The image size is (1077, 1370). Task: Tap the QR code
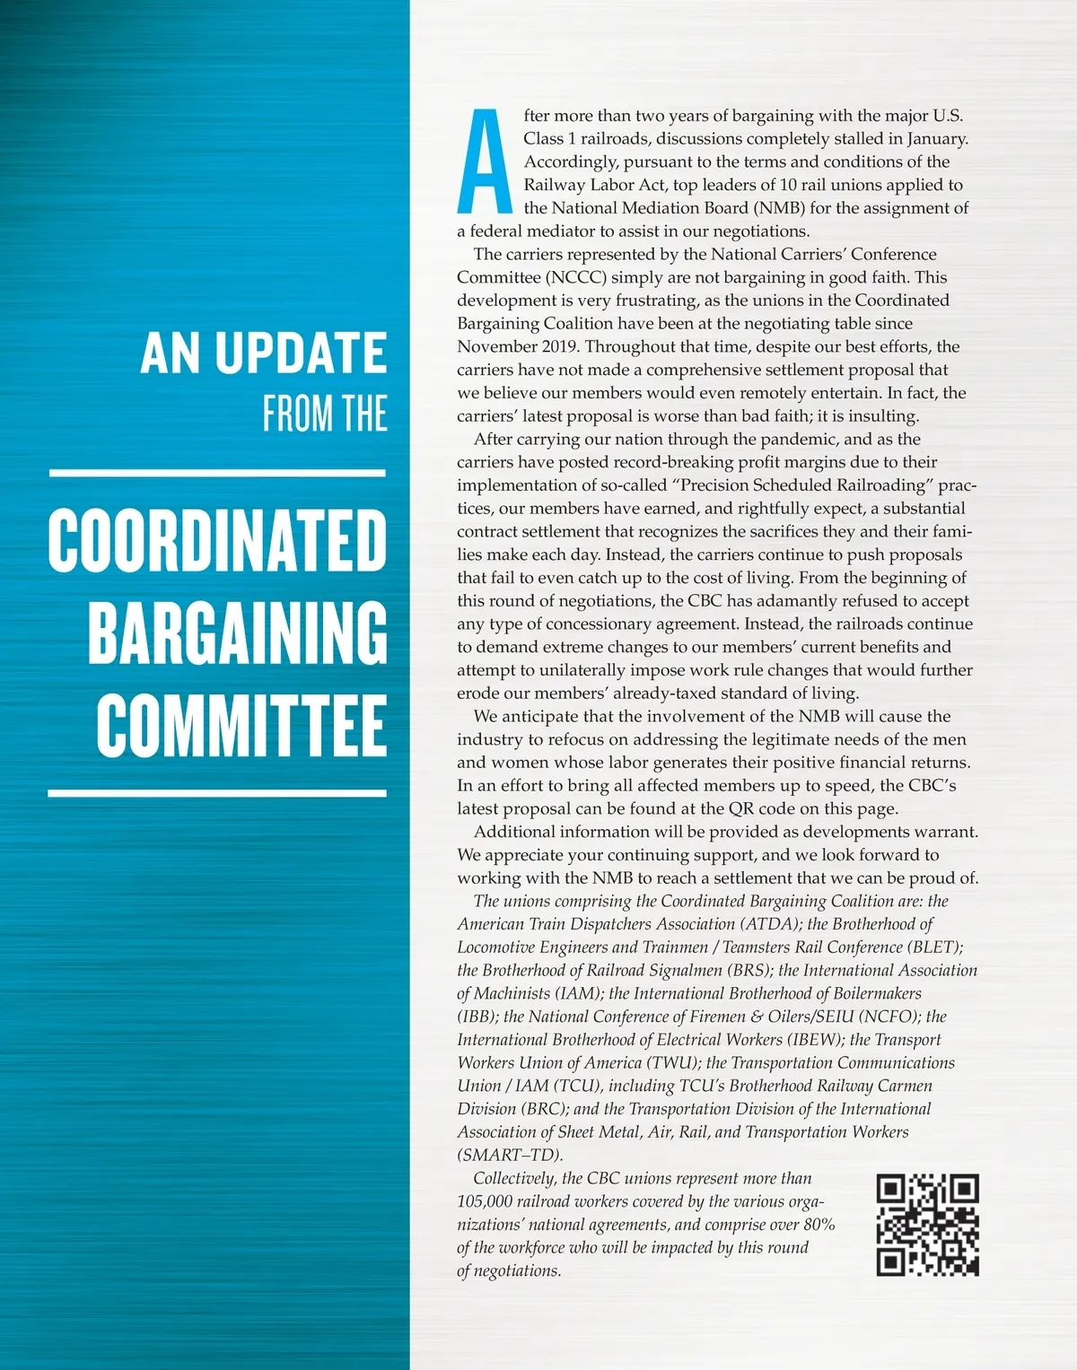(927, 1225)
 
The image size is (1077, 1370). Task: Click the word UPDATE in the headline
(301, 353)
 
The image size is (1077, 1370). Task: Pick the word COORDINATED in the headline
(217, 540)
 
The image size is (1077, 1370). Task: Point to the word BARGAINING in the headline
(238, 633)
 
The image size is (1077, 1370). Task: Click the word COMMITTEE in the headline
(241, 725)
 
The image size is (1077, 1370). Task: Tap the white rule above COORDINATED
(217, 472)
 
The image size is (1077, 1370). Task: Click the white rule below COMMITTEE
(217, 793)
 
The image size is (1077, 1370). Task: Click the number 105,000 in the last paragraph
(485, 1202)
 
